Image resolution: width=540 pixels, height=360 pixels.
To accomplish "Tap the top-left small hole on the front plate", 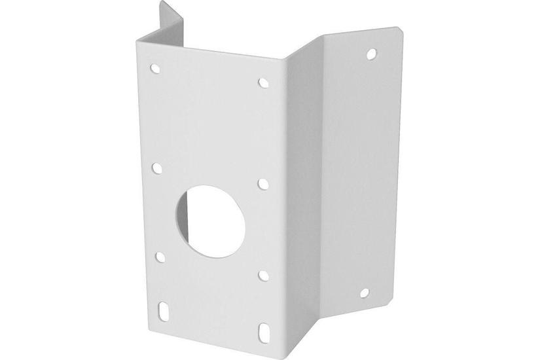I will [155, 67].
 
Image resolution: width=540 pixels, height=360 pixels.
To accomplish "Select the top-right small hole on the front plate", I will [262, 82].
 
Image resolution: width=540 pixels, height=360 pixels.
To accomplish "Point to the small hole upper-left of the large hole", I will [158, 168].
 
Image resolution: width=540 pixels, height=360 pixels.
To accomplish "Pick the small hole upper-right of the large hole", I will [262, 184].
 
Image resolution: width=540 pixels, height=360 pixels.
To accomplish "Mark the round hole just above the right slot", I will [263, 275].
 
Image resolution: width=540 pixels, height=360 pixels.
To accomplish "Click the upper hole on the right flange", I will [371, 52].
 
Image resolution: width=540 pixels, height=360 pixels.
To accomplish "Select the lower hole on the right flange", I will [365, 292].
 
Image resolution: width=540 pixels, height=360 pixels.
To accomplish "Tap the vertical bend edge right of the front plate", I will [283, 196].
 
